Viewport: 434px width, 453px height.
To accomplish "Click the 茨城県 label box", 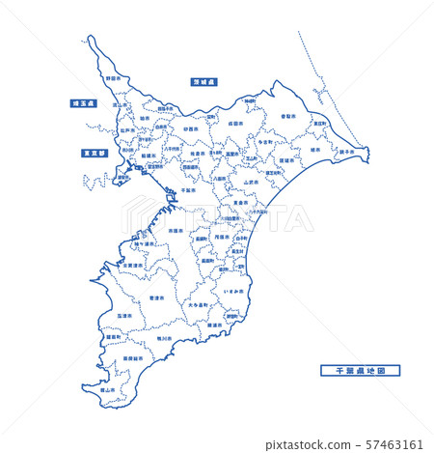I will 204,83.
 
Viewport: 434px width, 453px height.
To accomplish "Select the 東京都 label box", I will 88,153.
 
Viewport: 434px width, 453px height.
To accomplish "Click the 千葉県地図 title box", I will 359,369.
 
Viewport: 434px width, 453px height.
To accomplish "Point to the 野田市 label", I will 113,78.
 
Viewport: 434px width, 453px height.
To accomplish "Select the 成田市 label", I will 235,124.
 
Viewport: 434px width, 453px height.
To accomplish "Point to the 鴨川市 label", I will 164,338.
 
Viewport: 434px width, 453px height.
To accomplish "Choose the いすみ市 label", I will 231,289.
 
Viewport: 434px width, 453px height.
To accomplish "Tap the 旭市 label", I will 314,150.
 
